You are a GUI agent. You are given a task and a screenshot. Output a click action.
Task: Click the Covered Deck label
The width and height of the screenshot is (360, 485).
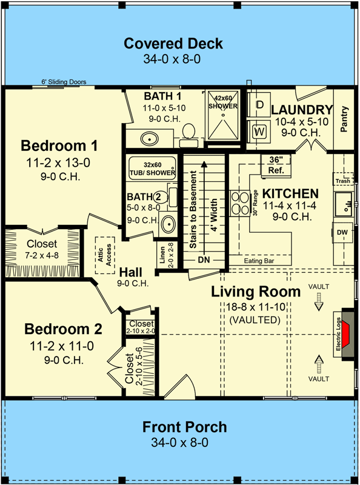pos(173,44)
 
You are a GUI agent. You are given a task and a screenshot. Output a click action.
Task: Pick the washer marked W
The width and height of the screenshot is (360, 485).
pos(260,130)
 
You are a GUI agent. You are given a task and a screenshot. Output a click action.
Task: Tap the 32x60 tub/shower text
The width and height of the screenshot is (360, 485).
pos(151,168)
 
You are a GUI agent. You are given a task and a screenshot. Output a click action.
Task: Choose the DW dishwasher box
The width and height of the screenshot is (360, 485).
pos(342,232)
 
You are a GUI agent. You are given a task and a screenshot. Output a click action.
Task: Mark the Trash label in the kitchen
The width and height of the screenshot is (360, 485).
pos(342,181)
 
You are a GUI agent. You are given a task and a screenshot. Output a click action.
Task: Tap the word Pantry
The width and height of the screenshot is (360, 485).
pos(344,119)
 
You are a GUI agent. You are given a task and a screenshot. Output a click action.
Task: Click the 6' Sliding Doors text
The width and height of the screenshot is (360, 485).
pos(64,82)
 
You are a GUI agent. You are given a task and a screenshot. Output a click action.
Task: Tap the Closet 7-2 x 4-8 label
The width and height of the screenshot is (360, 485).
pos(42,249)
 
